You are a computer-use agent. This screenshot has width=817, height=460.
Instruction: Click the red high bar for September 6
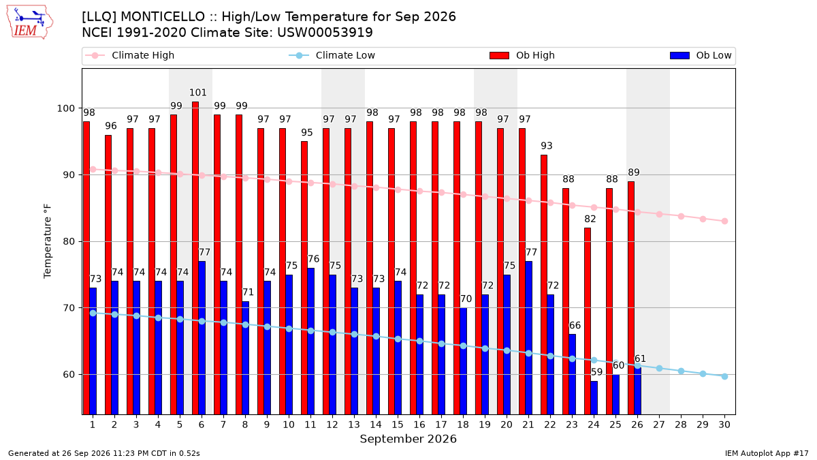[x=195, y=258]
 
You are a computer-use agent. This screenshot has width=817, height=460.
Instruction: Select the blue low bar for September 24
[x=594, y=397]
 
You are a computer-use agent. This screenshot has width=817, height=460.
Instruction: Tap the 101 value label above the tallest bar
[x=198, y=93]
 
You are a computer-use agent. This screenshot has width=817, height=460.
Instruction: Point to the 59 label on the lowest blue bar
[x=596, y=372]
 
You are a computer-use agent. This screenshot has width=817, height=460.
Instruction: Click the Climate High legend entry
[x=129, y=55]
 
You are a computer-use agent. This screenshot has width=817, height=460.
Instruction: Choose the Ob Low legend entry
[x=701, y=55]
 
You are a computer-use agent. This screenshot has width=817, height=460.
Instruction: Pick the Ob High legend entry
[x=522, y=55]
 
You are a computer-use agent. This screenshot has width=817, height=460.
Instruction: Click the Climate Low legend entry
[x=332, y=55]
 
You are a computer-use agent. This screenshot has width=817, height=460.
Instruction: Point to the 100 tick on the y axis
[x=65, y=108]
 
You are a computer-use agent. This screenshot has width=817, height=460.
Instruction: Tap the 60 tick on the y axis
[x=69, y=375]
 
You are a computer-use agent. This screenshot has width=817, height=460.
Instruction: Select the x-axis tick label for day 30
[x=724, y=425]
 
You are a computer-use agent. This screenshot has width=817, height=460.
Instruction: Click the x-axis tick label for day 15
[x=398, y=425]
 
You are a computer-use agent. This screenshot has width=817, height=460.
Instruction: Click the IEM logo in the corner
[x=29, y=22]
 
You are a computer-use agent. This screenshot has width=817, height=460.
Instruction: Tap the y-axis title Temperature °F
[x=48, y=241]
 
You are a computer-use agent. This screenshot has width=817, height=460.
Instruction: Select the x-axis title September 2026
[x=408, y=439]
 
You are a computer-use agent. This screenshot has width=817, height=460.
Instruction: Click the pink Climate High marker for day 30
[x=724, y=221]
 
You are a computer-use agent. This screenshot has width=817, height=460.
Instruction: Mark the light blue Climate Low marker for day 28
[x=681, y=371]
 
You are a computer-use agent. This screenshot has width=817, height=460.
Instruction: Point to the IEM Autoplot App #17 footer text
[x=767, y=453]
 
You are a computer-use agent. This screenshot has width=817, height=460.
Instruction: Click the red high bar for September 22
[x=544, y=284]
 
